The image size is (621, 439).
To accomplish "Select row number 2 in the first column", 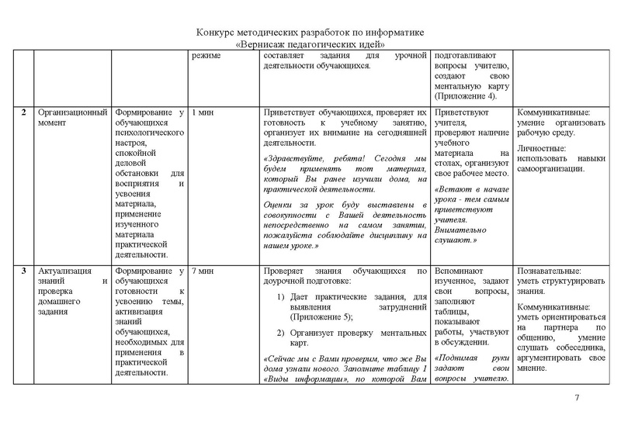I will (x=25, y=112).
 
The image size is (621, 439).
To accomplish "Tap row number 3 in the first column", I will (x=25, y=271).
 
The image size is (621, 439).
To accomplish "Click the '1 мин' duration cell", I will (x=202, y=112).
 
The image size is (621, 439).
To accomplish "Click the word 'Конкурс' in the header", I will (x=215, y=33).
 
